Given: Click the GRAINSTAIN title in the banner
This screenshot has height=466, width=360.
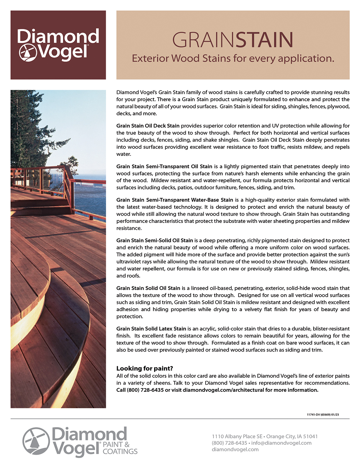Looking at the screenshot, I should (x=233, y=40).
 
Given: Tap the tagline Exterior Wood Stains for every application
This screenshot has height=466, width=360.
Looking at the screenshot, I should (x=233, y=58).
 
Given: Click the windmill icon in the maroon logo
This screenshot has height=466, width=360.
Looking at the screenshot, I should (x=27, y=53).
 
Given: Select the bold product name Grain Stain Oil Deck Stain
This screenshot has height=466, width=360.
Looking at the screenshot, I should (x=148, y=126).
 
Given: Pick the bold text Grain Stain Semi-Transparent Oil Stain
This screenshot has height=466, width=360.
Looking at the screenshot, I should (x=164, y=166).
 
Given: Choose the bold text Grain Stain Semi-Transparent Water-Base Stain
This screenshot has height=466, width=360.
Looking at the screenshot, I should (x=175, y=200).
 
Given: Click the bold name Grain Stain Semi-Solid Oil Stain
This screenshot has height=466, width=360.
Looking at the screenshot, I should (x=154, y=240).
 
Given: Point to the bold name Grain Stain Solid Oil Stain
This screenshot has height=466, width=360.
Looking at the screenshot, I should (x=148, y=288).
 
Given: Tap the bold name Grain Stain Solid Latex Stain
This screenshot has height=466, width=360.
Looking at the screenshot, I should (x=151, y=329).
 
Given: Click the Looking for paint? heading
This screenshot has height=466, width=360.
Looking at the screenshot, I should (x=145, y=368).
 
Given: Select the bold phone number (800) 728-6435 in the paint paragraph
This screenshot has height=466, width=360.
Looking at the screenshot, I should (x=145, y=390).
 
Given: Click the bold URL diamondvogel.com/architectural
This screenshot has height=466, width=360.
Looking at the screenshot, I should (x=223, y=390).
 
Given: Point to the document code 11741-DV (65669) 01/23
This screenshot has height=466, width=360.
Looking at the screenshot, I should (x=323, y=415).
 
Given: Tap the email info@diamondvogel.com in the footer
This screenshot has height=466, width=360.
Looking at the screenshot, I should (x=281, y=443).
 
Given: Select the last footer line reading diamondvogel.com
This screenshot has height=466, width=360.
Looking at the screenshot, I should (x=235, y=449).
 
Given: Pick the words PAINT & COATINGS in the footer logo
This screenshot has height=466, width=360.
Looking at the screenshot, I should (x=120, y=448).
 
